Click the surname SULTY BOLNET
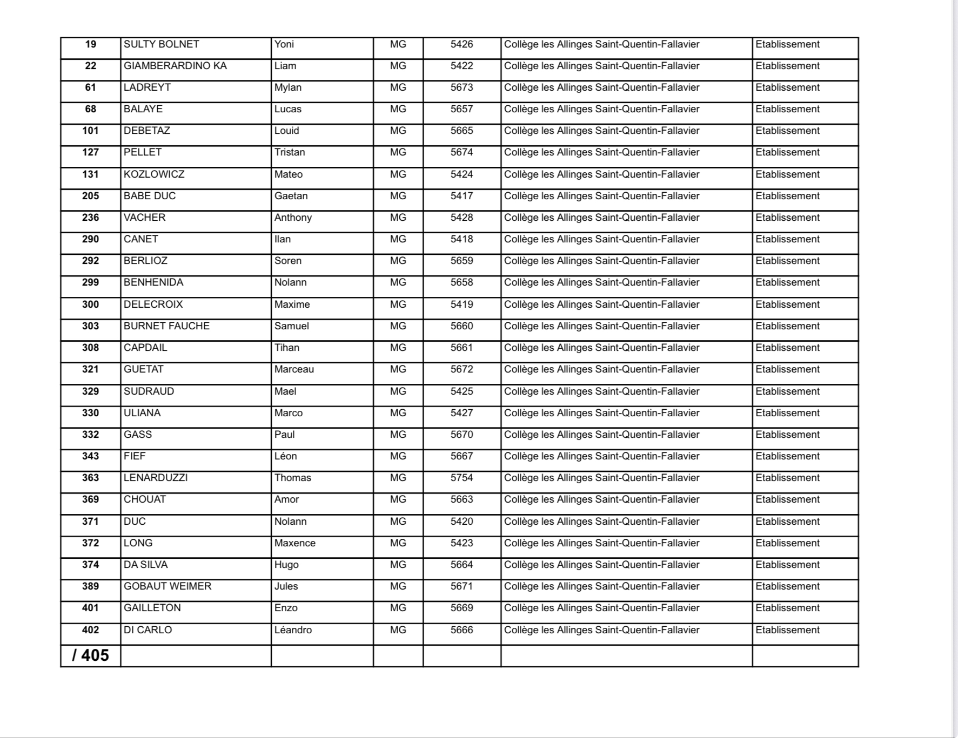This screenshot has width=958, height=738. (161, 44)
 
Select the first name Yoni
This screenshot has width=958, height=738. (284, 44)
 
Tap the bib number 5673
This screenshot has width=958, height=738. (461, 87)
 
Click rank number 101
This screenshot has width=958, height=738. (90, 131)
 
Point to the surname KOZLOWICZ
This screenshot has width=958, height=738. (154, 174)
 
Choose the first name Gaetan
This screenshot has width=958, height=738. (291, 196)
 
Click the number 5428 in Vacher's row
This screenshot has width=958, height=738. (461, 218)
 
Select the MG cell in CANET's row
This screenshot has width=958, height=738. (398, 239)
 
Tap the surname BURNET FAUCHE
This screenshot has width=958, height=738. (166, 326)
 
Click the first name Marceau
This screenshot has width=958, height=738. (294, 369)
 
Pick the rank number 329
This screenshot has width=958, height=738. (90, 391)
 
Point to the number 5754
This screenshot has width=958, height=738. (461, 478)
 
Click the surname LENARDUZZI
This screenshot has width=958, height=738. (156, 478)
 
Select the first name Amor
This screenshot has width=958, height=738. (286, 499)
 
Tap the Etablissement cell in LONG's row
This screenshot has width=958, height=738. (787, 543)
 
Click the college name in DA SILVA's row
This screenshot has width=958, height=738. (601, 565)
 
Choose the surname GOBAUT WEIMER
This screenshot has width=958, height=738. (168, 586)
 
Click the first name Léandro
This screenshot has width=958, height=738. (293, 630)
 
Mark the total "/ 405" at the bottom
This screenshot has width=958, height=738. (90, 655)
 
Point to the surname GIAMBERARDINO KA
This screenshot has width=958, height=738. (175, 66)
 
